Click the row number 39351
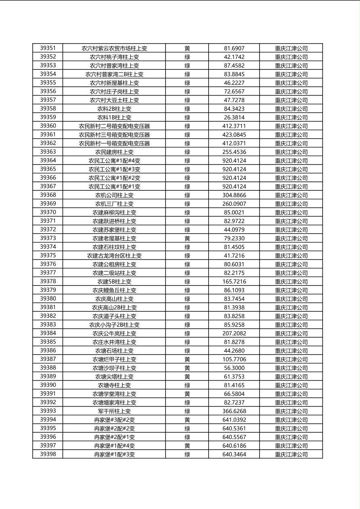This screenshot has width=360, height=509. (48, 48)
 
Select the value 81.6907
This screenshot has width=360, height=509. (234, 48)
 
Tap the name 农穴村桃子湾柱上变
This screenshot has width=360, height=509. (114, 57)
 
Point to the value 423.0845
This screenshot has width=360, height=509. (234, 135)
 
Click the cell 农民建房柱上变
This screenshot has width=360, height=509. (114, 152)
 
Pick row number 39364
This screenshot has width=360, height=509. (48, 161)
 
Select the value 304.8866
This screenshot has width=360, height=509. (234, 195)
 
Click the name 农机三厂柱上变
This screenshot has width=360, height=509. (114, 204)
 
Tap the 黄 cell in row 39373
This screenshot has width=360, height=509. (187, 238)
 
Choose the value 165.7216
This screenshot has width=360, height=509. (234, 282)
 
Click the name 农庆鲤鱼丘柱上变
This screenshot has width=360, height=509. (114, 290)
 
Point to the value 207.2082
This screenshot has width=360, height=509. (234, 334)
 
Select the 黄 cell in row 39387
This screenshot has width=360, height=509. (187, 359)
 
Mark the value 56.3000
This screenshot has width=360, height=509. (234, 368)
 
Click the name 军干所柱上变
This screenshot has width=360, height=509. (114, 411)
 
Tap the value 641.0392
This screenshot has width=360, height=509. (234, 420)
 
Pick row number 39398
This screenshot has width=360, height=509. (48, 454)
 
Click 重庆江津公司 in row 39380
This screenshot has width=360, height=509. (291, 299)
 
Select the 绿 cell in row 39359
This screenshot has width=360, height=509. (187, 117)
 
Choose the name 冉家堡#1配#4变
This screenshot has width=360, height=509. (114, 446)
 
